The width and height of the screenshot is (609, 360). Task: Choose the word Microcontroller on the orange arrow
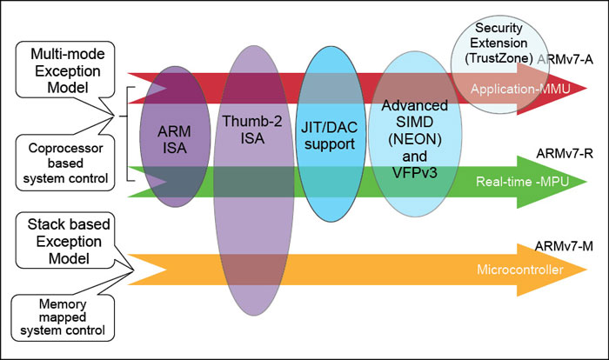(x=521, y=270)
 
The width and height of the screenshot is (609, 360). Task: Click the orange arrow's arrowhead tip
(x=588, y=270)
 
